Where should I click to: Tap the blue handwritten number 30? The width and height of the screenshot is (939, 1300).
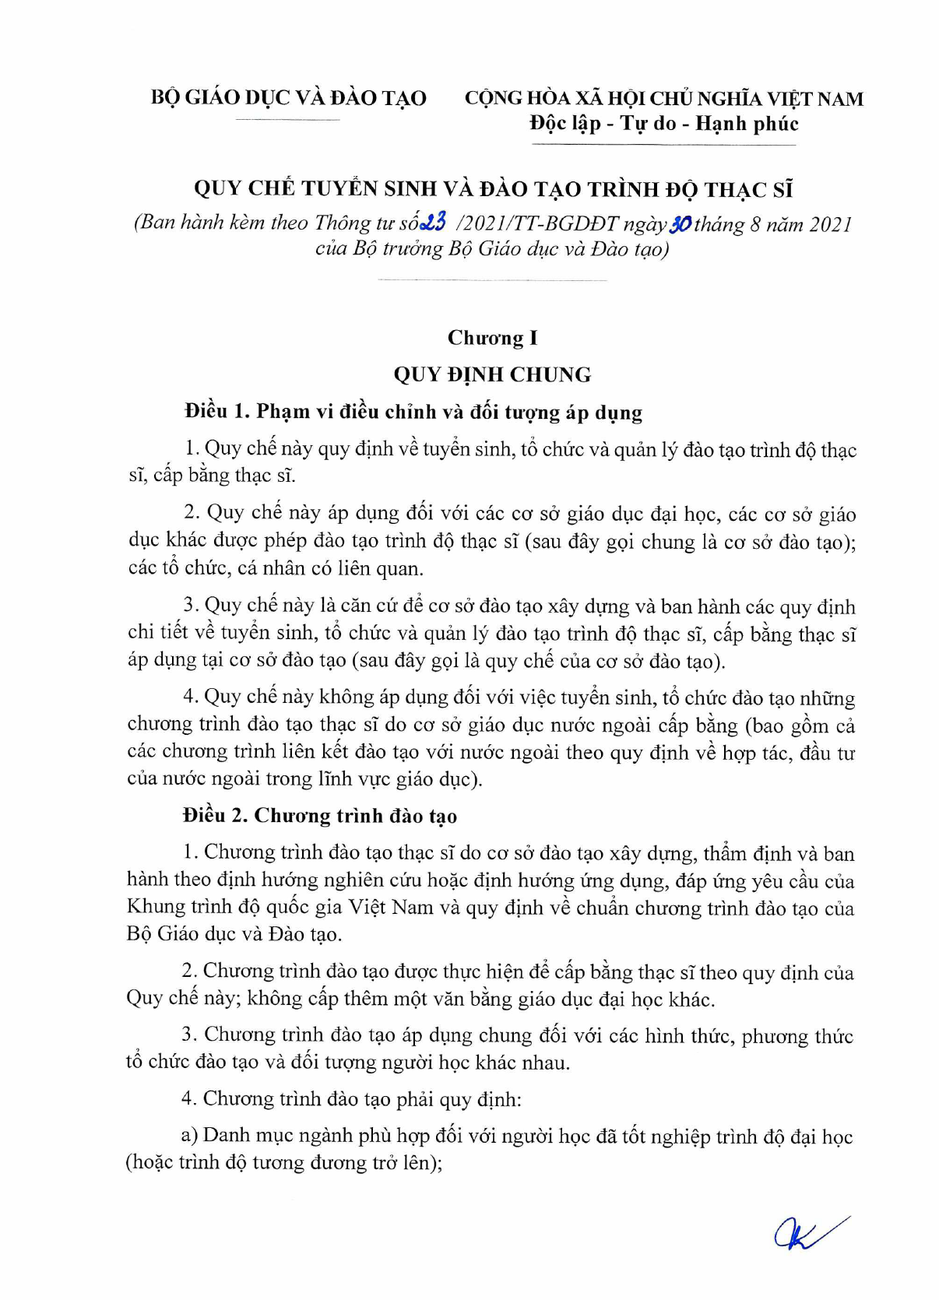click(680, 223)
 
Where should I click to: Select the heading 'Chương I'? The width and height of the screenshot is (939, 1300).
click(492, 338)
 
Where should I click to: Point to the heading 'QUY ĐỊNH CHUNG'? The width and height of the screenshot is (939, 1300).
click(492, 374)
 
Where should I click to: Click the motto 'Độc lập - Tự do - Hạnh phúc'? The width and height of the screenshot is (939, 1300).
click(663, 124)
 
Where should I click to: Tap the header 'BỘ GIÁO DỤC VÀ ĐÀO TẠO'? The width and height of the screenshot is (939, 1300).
click(288, 98)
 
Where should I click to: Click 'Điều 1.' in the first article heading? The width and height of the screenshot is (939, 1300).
click(216, 411)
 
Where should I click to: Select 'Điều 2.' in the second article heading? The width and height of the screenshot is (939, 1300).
click(215, 815)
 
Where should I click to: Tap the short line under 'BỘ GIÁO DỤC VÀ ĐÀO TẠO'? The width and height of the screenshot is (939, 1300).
click(288, 119)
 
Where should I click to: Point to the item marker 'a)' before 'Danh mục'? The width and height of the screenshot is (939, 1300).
click(189, 1136)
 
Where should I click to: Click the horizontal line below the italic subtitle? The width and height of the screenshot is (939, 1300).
click(492, 279)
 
